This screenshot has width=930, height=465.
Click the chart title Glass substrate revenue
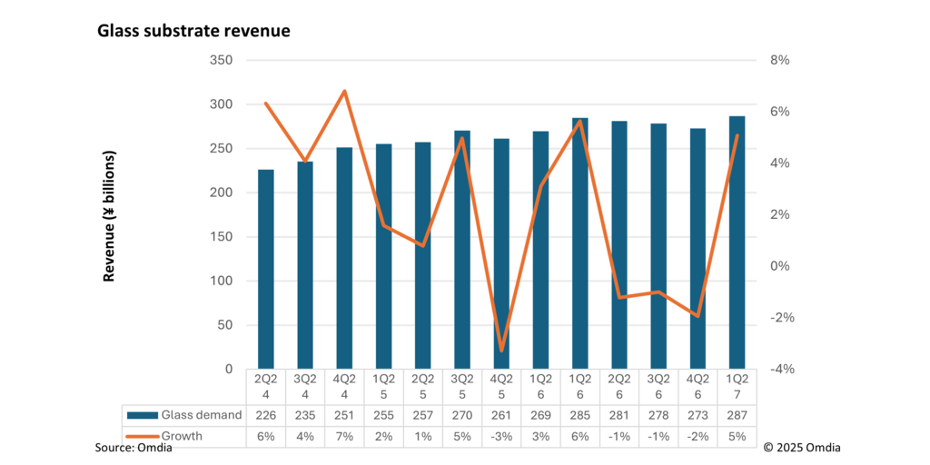[193, 32]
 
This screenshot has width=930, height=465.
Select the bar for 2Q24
[266, 269]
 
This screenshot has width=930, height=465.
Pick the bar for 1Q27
[737, 242]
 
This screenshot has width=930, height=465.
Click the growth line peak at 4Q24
[344, 91]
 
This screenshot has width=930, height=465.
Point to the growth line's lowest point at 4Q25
[501, 351]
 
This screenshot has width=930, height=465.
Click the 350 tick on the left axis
[222, 60]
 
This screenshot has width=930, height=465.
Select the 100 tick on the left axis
[222, 281]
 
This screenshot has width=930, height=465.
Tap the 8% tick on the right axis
[781, 60]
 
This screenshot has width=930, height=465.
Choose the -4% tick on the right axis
[780, 370]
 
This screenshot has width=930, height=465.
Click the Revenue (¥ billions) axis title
[110, 215]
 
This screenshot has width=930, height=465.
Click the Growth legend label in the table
[183, 436]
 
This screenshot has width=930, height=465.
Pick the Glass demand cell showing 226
[266, 415]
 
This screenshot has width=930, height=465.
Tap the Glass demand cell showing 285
[579, 415]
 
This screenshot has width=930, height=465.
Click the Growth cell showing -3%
[501, 436]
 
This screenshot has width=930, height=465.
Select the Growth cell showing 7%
[344, 436]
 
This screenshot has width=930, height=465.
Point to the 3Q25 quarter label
[462, 385]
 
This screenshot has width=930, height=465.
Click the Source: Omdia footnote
[134, 449]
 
